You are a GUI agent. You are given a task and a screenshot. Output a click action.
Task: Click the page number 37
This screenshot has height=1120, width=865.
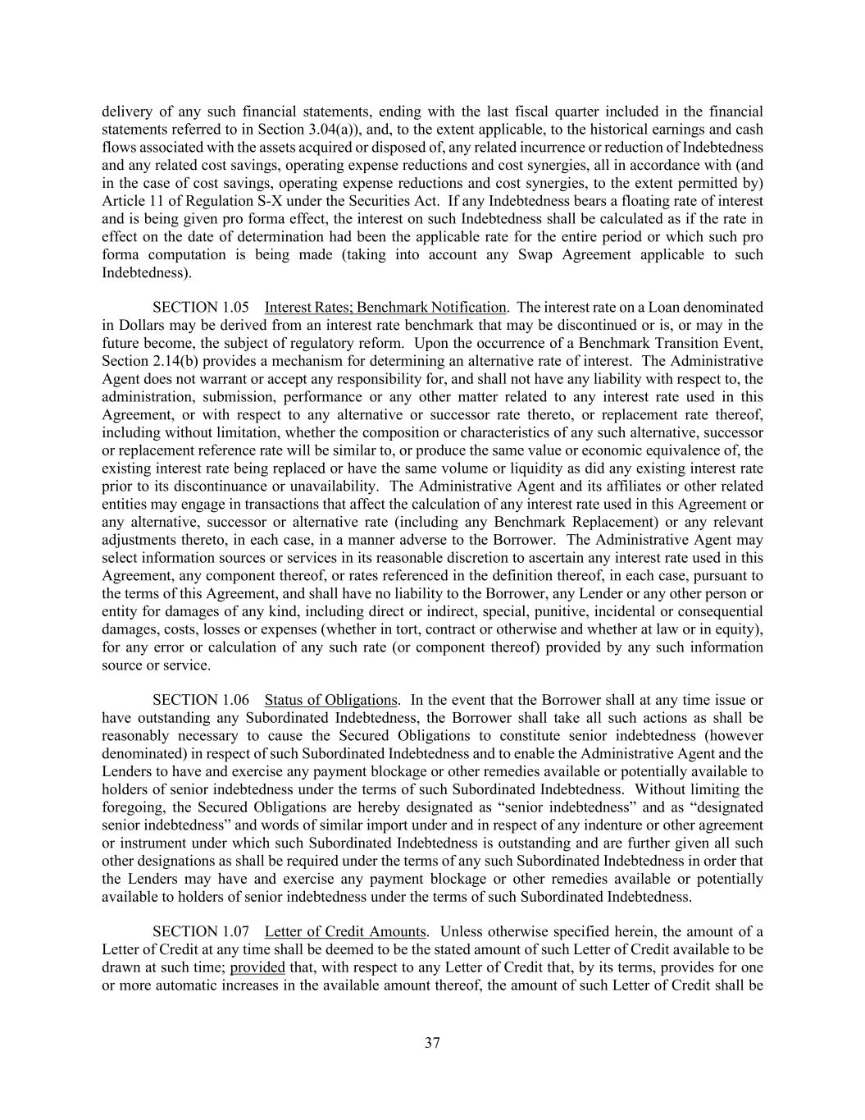pyautogui.click(x=432, y=1043)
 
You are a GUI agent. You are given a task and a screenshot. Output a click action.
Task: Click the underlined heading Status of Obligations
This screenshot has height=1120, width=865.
pyautogui.click(x=330, y=700)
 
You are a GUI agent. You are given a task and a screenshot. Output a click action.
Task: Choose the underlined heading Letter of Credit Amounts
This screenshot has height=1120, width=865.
pyautogui.click(x=345, y=931)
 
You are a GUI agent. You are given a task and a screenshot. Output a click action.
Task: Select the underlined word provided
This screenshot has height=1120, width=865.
pyautogui.click(x=257, y=967)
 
